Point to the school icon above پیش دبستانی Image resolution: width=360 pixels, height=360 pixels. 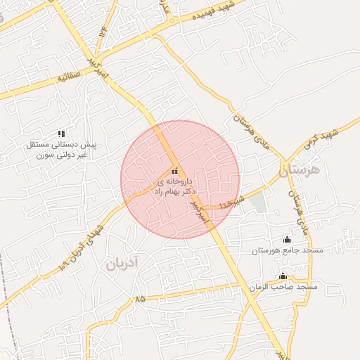coord(61,134)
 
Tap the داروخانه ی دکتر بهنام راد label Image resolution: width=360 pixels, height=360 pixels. coord(175,186)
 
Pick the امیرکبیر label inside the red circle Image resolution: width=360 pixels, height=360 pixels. coord(199,212)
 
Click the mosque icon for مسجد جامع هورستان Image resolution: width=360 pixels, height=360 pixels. coord(286,239)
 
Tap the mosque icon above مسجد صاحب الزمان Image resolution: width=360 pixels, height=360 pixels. coord(283,276)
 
